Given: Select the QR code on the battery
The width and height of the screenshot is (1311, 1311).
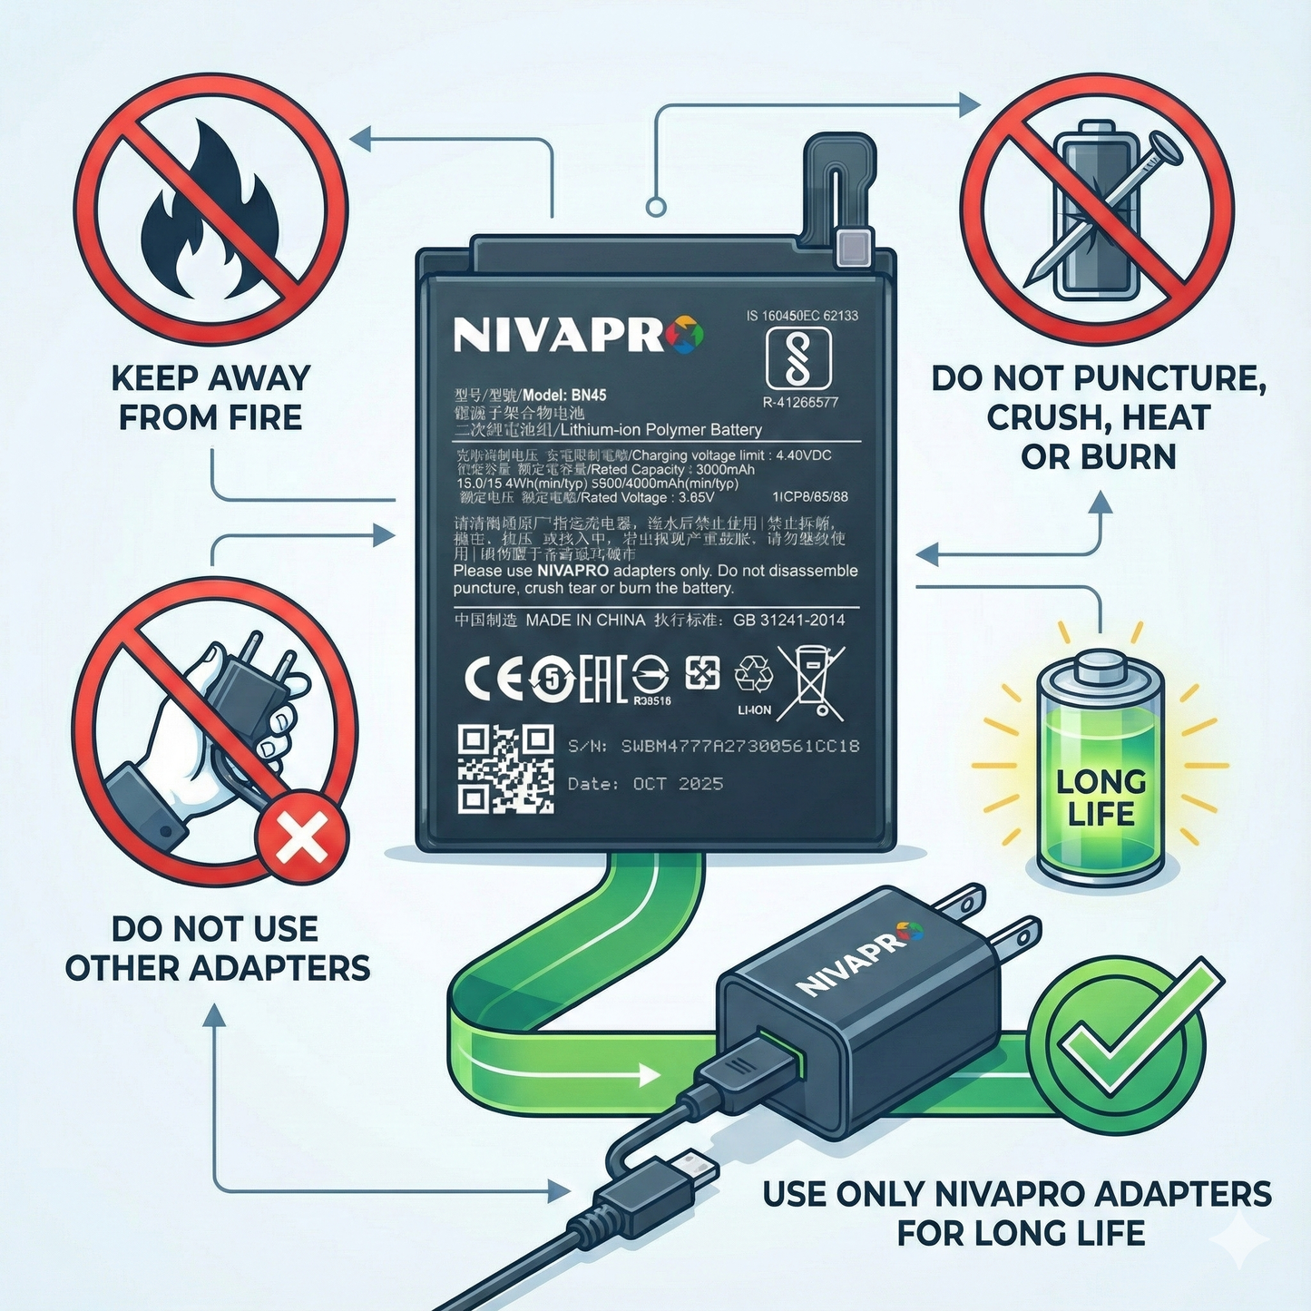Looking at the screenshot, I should [505, 768].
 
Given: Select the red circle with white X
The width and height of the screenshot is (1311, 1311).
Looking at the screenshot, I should [302, 838].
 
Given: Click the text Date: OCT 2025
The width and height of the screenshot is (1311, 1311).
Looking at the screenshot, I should [645, 784].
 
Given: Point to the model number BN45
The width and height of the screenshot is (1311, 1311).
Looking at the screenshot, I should [589, 396].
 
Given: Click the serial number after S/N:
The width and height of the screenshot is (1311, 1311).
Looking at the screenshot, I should [739, 746].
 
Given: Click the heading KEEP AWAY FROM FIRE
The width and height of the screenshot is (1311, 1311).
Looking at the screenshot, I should [210, 397].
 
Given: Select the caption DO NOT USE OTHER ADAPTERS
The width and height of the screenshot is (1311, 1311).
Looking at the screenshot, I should [217, 948].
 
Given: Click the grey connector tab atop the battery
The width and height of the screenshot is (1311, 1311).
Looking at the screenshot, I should [854, 247].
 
